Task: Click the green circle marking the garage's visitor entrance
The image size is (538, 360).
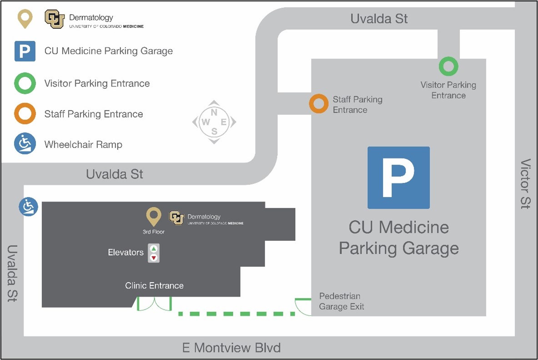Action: [448, 66]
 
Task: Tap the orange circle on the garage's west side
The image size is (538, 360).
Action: [318, 104]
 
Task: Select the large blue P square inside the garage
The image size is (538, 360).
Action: [398, 177]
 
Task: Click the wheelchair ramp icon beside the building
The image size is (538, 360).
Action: [28, 207]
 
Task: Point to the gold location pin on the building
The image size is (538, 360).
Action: [153, 216]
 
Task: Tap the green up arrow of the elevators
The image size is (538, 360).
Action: [154, 248]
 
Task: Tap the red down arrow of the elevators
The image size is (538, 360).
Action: [154, 258]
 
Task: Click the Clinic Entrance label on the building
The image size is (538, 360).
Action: [154, 285]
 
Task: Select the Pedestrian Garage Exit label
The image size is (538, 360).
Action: [341, 301]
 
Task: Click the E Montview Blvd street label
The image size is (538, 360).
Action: [231, 348]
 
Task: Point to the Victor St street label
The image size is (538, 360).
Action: [525, 184]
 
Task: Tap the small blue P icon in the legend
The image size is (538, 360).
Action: [25, 51]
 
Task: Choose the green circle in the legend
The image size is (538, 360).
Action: [25, 84]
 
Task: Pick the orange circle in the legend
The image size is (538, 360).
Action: [25, 114]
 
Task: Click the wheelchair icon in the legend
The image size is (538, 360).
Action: [25, 144]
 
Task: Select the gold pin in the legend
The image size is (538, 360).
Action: [25, 19]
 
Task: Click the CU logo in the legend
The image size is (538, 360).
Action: [54, 19]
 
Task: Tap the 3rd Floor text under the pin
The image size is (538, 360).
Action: [153, 232]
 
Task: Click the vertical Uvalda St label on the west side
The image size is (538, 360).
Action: [12, 274]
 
